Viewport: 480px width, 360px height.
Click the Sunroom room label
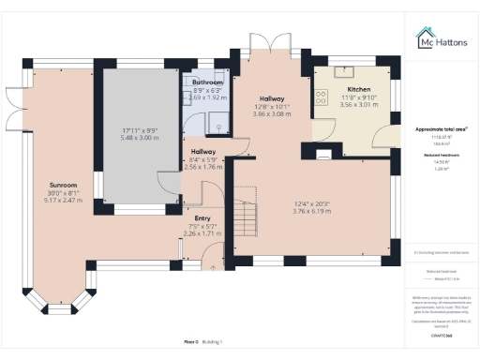pyautogui.click(x=50, y=186)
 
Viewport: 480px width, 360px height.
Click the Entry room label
pyautogui.click(x=202, y=217)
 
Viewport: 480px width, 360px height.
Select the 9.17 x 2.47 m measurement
pyautogui.click(x=50, y=201)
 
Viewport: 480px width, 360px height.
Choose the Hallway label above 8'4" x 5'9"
pyautogui.click(x=203, y=152)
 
